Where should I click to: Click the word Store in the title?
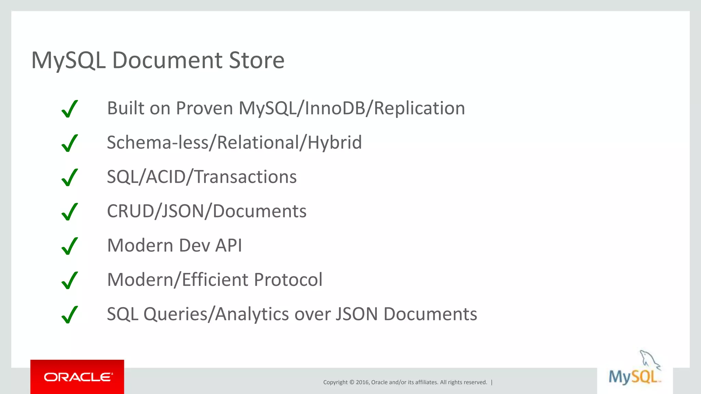pos(256,61)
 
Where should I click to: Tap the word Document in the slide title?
pos(167,61)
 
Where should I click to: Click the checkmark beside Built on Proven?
pos(70,109)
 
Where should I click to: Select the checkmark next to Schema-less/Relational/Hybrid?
pos(70,143)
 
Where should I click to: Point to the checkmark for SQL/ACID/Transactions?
pos(70,177)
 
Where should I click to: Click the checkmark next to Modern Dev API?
pos(70,246)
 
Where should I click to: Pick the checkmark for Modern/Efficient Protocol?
pos(70,280)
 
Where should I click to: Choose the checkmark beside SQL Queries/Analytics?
pos(70,314)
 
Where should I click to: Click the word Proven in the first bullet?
pos(204,108)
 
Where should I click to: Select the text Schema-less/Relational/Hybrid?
pos(234,143)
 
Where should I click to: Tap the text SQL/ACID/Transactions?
pos(202,177)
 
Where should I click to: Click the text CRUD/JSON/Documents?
pos(206,211)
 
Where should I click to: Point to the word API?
pos(228,246)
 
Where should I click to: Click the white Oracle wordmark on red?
pos(78,377)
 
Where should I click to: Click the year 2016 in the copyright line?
pos(362,382)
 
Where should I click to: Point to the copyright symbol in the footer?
pos(352,382)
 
